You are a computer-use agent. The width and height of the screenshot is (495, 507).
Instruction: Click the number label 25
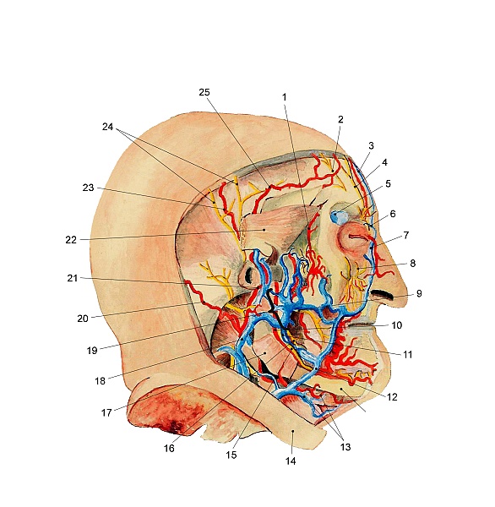click(204, 92)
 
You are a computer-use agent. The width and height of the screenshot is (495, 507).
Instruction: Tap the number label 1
click(285, 97)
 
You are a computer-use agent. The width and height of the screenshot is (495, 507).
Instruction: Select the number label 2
click(340, 119)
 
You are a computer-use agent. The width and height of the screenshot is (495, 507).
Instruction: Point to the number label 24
click(107, 127)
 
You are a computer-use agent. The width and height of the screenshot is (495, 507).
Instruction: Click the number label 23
click(88, 188)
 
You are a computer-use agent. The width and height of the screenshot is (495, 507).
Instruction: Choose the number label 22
click(71, 240)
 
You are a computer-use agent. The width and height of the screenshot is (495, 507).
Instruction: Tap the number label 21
click(73, 278)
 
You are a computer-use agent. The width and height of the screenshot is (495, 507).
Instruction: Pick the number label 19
click(92, 351)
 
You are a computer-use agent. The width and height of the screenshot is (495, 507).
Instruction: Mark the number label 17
click(106, 413)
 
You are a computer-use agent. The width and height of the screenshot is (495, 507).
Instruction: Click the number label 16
click(169, 449)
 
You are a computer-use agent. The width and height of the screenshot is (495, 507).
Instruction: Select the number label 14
click(291, 461)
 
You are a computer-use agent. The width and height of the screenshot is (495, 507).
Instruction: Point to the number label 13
click(345, 447)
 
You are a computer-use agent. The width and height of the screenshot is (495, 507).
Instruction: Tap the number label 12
click(392, 397)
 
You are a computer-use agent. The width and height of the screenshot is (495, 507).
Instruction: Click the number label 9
click(419, 293)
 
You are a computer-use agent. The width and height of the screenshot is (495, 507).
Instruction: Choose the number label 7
click(406, 236)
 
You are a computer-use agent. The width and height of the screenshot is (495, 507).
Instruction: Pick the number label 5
click(388, 183)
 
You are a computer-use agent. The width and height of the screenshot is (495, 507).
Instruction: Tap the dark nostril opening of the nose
click(382, 294)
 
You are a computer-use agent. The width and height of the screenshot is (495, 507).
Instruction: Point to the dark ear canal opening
click(248, 276)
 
